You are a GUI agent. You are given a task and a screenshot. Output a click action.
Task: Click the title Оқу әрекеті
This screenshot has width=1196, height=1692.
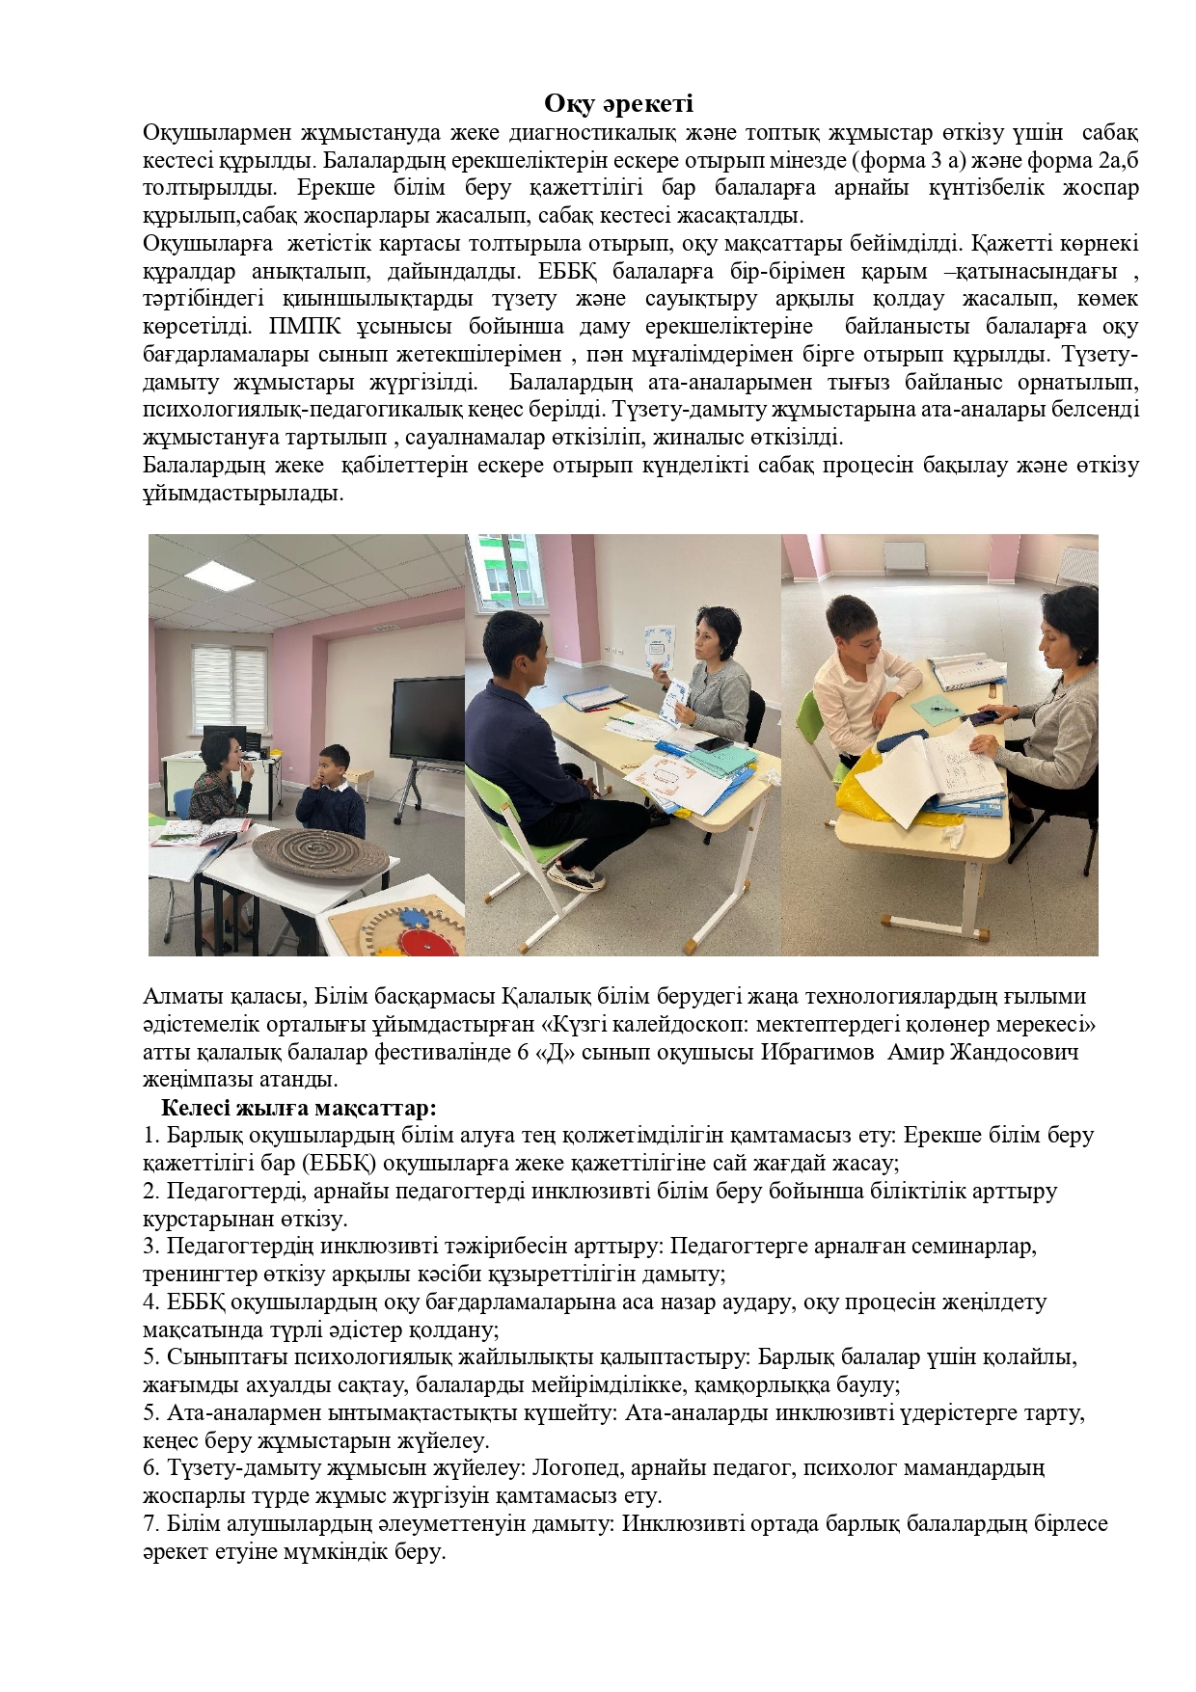618,104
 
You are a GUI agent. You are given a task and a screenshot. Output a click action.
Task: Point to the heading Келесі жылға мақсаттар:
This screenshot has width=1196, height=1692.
299,1107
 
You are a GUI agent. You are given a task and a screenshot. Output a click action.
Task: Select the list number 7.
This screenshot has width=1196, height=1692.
149,1524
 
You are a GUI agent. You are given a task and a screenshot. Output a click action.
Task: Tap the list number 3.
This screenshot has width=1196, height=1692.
149,1246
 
